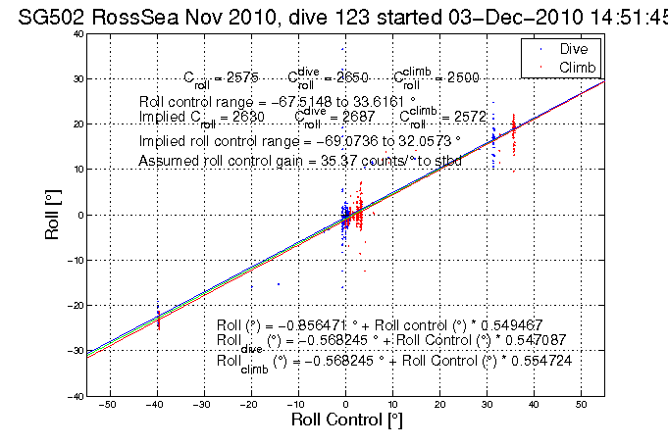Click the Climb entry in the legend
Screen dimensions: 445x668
pos(577,66)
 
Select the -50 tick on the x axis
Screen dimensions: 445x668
pos(108,403)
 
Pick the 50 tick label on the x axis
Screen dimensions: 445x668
pos(583,403)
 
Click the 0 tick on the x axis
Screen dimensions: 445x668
pos(345,403)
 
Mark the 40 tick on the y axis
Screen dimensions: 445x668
pos(76,33)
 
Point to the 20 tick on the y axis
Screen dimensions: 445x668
pos(76,124)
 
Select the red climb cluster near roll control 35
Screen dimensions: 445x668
pos(513,130)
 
